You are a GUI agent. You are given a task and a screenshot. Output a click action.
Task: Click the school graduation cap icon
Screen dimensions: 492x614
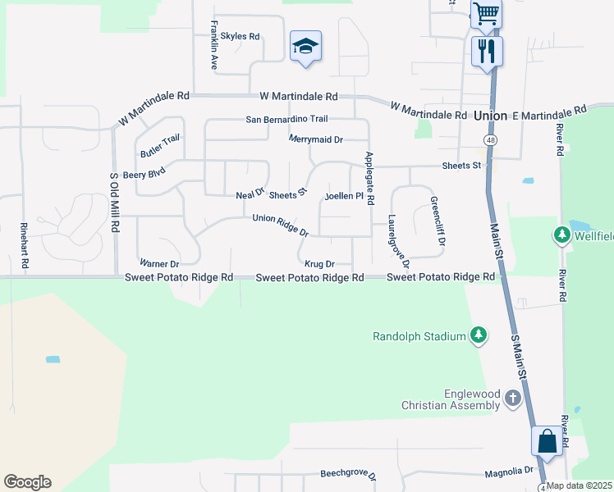[x=305, y=46]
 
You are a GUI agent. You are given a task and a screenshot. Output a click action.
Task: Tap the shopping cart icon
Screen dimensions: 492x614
[x=486, y=13]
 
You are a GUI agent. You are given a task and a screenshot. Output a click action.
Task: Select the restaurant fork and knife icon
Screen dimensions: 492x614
[x=487, y=51]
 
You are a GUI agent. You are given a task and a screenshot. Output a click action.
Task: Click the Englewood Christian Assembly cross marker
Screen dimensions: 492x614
[x=513, y=399]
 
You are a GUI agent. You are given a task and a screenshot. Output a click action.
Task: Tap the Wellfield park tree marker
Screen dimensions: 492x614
[x=562, y=236]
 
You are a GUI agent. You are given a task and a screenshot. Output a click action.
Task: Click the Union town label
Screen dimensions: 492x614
[x=490, y=116]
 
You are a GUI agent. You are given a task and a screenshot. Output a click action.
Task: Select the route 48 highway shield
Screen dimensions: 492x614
[x=490, y=141]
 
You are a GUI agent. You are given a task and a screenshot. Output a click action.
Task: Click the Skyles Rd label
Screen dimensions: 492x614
[x=240, y=36]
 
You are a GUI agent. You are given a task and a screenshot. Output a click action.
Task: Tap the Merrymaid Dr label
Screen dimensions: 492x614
[x=315, y=139]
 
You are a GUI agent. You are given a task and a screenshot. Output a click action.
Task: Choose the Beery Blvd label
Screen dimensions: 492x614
[x=144, y=175]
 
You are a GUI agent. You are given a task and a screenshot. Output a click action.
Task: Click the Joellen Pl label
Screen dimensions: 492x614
[x=344, y=196]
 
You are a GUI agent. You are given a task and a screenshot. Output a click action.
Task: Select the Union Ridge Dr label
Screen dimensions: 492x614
[x=280, y=225]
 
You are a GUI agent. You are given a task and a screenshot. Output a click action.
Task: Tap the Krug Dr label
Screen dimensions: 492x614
[x=319, y=264]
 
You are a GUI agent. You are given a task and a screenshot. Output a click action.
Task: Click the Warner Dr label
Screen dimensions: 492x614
[x=159, y=264]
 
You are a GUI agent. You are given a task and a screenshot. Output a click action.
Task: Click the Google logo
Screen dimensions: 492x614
[x=27, y=482]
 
